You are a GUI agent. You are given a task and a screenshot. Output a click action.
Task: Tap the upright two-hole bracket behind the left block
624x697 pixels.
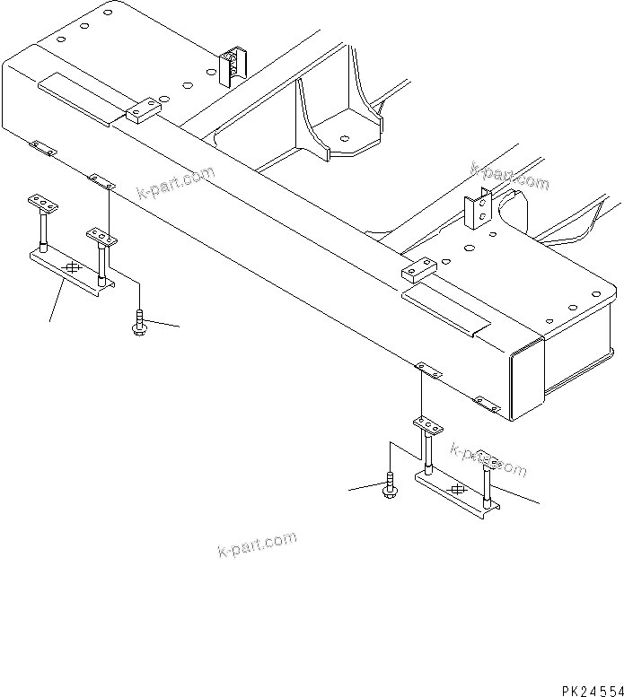tap(231, 65)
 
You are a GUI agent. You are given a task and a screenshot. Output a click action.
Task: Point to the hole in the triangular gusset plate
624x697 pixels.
tap(345, 139)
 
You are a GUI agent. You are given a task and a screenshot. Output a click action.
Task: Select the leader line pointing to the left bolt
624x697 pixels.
tap(165, 324)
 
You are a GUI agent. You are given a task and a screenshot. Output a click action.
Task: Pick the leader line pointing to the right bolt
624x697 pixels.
tap(366, 487)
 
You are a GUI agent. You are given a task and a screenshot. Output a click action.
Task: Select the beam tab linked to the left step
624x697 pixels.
tap(101, 182)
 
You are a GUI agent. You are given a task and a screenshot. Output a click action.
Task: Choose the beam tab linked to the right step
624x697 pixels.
tap(424, 368)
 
